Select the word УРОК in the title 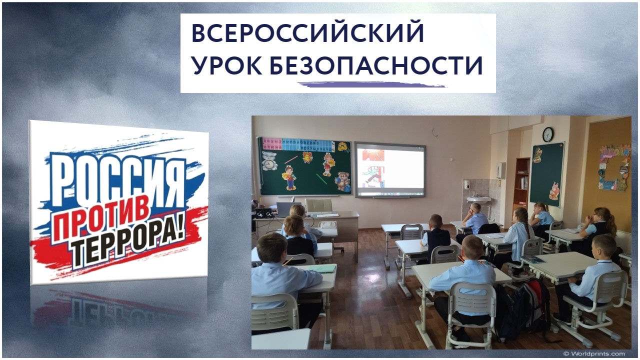point(226,65)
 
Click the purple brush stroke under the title point(372,84)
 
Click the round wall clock point(547,134)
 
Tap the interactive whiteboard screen point(390,169)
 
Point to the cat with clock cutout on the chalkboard point(269,161)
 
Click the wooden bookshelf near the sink point(522,181)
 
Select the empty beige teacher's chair point(319,205)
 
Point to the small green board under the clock point(546,174)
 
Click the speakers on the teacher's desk point(263,212)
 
